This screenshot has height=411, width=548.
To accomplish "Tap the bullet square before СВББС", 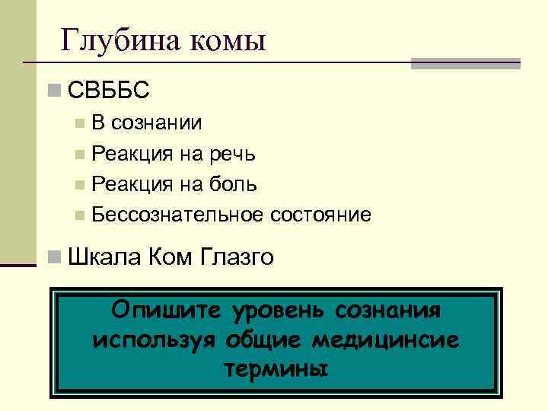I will pos(53,91).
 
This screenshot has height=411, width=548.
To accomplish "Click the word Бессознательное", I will pos(177,215).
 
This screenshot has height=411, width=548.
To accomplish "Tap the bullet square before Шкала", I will pos(53,258).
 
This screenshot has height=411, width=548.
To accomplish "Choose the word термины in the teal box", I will pos(276,368).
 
